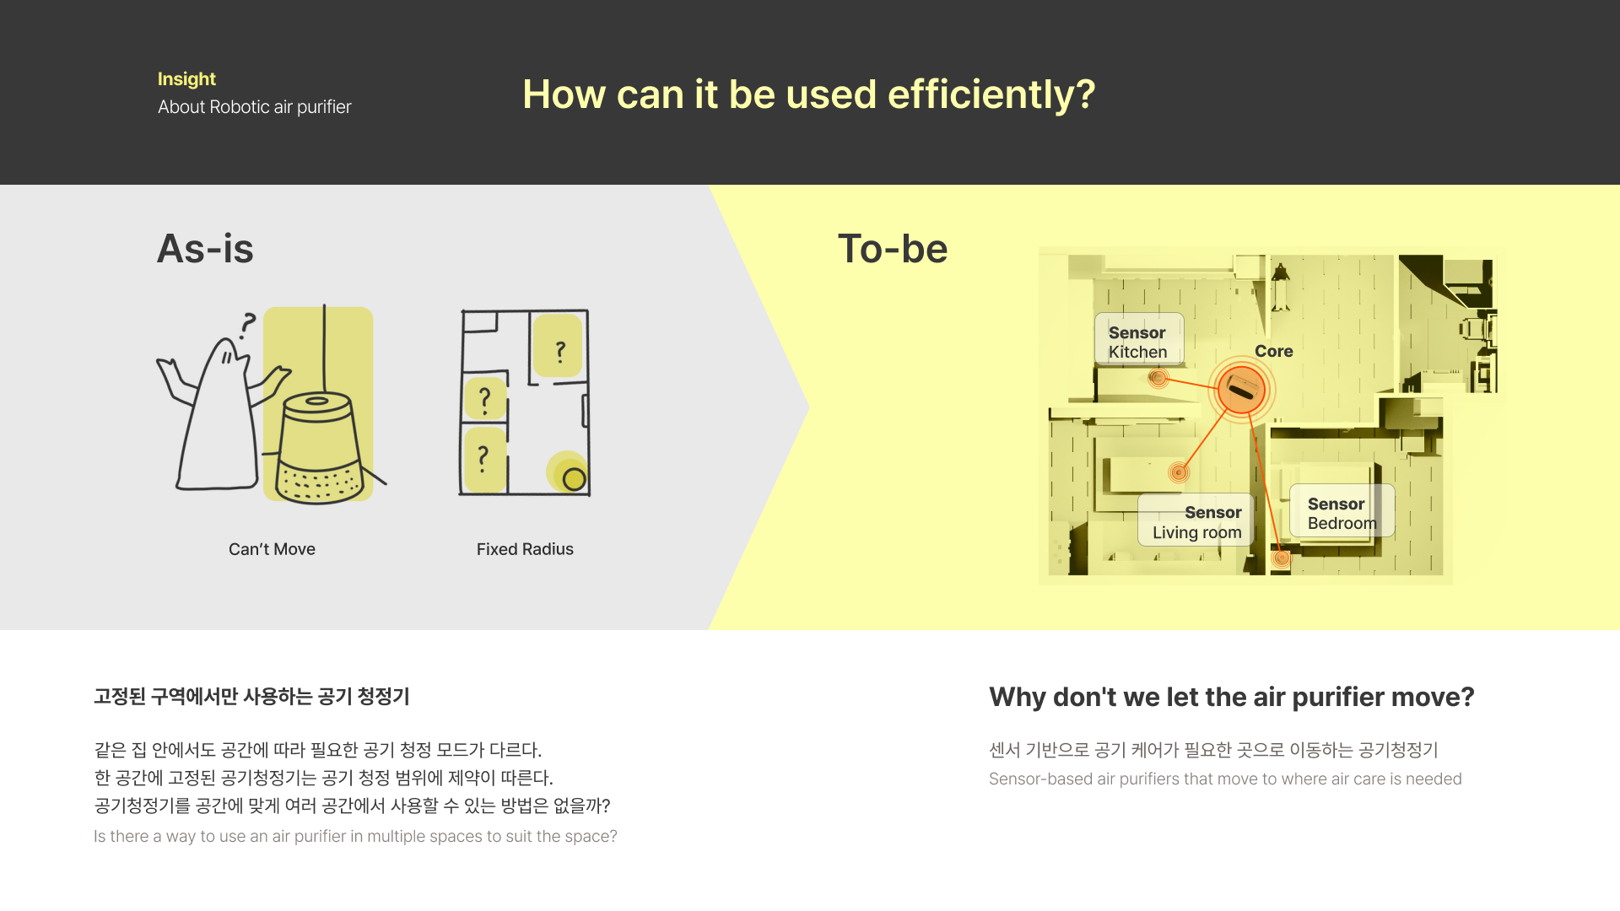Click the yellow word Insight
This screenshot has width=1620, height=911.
click(x=186, y=79)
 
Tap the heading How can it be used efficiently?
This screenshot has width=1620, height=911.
click(x=808, y=94)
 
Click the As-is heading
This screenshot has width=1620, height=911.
click(x=205, y=249)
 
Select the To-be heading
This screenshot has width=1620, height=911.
click(x=893, y=249)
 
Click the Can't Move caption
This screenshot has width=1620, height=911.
click(x=272, y=549)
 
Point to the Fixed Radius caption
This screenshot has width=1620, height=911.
click(x=525, y=549)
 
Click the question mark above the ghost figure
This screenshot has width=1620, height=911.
click(x=247, y=325)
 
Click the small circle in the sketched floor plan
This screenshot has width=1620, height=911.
click(x=575, y=479)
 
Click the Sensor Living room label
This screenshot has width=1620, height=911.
click(x=1196, y=521)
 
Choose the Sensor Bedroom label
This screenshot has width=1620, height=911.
click(x=1342, y=512)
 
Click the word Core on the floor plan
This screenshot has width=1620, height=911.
click(x=1274, y=351)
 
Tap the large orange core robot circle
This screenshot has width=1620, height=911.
click(x=1242, y=390)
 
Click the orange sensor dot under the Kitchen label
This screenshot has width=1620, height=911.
click(x=1158, y=378)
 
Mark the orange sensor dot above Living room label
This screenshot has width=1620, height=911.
click(x=1179, y=472)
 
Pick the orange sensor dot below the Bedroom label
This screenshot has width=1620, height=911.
click(x=1282, y=558)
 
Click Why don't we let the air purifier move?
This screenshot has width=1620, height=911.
click(x=1232, y=697)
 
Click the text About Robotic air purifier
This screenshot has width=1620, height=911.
click(x=255, y=107)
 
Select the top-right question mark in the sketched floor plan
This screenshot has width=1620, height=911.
click(x=559, y=351)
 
